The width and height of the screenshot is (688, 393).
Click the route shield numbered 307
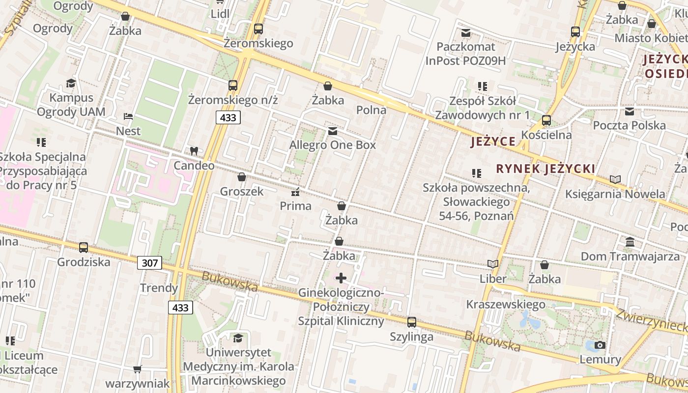[x=149, y=263]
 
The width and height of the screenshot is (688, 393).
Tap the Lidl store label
[x=220, y=14]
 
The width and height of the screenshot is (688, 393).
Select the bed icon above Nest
[x=128, y=117]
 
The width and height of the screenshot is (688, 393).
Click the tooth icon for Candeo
[x=194, y=151]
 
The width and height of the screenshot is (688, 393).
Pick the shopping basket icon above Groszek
[x=242, y=177]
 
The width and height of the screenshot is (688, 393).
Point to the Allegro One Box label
[x=332, y=145]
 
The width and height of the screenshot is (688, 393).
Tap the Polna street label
[x=371, y=110]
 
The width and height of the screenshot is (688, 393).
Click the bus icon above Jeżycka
[x=575, y=32]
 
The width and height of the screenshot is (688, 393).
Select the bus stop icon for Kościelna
[x=546, y=120]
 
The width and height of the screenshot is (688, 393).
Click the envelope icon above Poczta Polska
[x=630, y=111]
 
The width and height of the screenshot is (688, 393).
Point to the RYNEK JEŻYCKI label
[x=545, y=169]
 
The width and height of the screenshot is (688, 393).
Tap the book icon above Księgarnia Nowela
[x=615, y=179]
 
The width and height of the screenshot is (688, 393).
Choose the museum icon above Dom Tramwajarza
[x=630, y=242]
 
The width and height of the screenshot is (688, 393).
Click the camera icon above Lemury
[x=600, y=345]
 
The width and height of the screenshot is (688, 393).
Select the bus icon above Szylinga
[x=412, y=322]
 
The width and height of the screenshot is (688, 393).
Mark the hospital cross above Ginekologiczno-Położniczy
[x=341, y=278]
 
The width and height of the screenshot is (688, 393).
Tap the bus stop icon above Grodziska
[x=84, y=247]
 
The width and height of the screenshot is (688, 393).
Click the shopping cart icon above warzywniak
[x=138, y=369]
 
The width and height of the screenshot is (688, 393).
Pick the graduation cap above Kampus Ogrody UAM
[x=71, y=83]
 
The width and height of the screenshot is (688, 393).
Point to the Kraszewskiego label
[x=506, y=304]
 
